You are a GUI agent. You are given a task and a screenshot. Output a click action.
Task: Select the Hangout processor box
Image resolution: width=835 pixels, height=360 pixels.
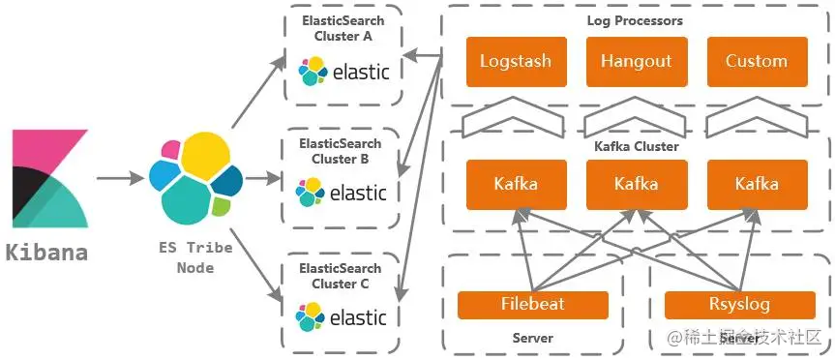pyautogui.click(x=637, y=61)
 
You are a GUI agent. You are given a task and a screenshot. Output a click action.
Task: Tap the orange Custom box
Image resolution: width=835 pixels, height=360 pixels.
pyautogui.click(x=757, y=61)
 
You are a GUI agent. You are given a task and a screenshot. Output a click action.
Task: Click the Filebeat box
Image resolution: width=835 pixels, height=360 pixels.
pyautogui.click(x=532, y=305)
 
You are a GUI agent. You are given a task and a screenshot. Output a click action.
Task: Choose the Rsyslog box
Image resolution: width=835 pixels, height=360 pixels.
pyautogui.click(x=739, y=305)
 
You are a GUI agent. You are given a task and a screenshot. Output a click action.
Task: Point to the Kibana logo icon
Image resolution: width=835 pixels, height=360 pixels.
pyautogui.click(x=50, y=178)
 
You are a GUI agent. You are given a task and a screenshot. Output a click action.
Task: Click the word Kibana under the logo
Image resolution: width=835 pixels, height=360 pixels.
pyautogui.click(x=46, y=253)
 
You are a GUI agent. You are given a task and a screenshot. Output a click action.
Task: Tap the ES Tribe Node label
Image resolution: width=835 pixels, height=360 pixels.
pyautogui.click(x=195, y=257)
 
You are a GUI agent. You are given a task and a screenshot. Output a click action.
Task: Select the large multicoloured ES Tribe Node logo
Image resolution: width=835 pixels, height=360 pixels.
pyautogui.click(x=195, y=178)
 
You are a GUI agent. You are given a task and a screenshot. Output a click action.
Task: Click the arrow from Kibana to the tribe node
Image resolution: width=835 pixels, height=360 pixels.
pyautogui.click(x=120, y=178)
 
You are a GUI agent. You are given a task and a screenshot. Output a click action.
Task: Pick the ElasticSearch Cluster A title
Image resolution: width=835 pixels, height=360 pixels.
pyautogui.click(x=343, y=29)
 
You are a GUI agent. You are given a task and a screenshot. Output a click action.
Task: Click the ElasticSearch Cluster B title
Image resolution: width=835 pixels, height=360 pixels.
pyautogui.click(x=341, y=151)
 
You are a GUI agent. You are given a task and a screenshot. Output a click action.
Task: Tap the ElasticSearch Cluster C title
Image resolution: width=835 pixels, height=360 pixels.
pyautogui.click(x=341, y=276)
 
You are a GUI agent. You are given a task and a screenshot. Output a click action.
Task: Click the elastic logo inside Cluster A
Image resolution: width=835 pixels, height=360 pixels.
pyautogui.click(x=344, y=71)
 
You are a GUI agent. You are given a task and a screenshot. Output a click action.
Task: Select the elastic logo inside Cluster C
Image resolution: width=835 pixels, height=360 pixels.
pyautogui.click(x=341, y=316)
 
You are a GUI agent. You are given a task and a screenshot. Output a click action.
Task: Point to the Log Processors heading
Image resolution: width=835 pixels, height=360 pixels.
pyautogui.click(x=635, y=21)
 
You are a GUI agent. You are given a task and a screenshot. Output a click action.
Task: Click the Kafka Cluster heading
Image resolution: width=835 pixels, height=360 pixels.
pyautogui.click(x=637, y=146)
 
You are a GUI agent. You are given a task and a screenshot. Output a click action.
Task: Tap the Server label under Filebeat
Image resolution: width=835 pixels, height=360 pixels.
pyautogui.click(x=532, y=338)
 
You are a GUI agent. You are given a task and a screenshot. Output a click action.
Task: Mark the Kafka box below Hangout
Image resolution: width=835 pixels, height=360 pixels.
pyautogui.click(x=637, y=184)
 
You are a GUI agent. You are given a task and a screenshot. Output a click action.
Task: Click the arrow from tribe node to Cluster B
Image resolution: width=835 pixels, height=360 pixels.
pyautogui.click(x=263, y=178)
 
